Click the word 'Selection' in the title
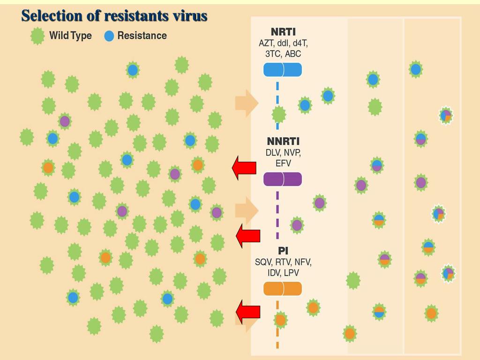tap(52, 15)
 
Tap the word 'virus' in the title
tap(189, 15)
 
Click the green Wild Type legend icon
tap(37, 36)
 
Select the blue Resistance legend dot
tap(109, 36)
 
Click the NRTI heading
tap(283, 32)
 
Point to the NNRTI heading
tap(283, 141)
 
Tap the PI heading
tap(283, 251)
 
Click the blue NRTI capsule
tap(283, 70)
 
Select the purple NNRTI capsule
tap(283, 179)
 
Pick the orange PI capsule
tap(283, 289)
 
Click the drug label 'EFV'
tap(283, 163)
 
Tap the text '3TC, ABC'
tap(283, 54)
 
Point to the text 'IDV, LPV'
tap(283, 273)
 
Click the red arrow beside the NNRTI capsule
tap(244, 167)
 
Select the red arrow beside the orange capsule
tap(248, 311)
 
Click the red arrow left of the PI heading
tap(248, 236)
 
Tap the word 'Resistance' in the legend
tap(142, 36)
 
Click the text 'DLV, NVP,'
tap(283, 152)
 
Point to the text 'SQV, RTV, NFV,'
tap(283, 262)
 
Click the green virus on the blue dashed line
tap(279, 114)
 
